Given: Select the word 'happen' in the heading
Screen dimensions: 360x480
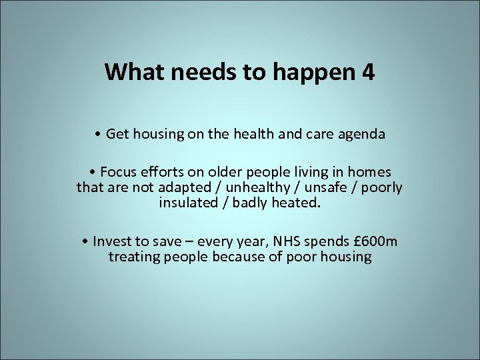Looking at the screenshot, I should coord(313,73).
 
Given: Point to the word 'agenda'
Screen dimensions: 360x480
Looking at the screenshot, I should coord(362,135).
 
